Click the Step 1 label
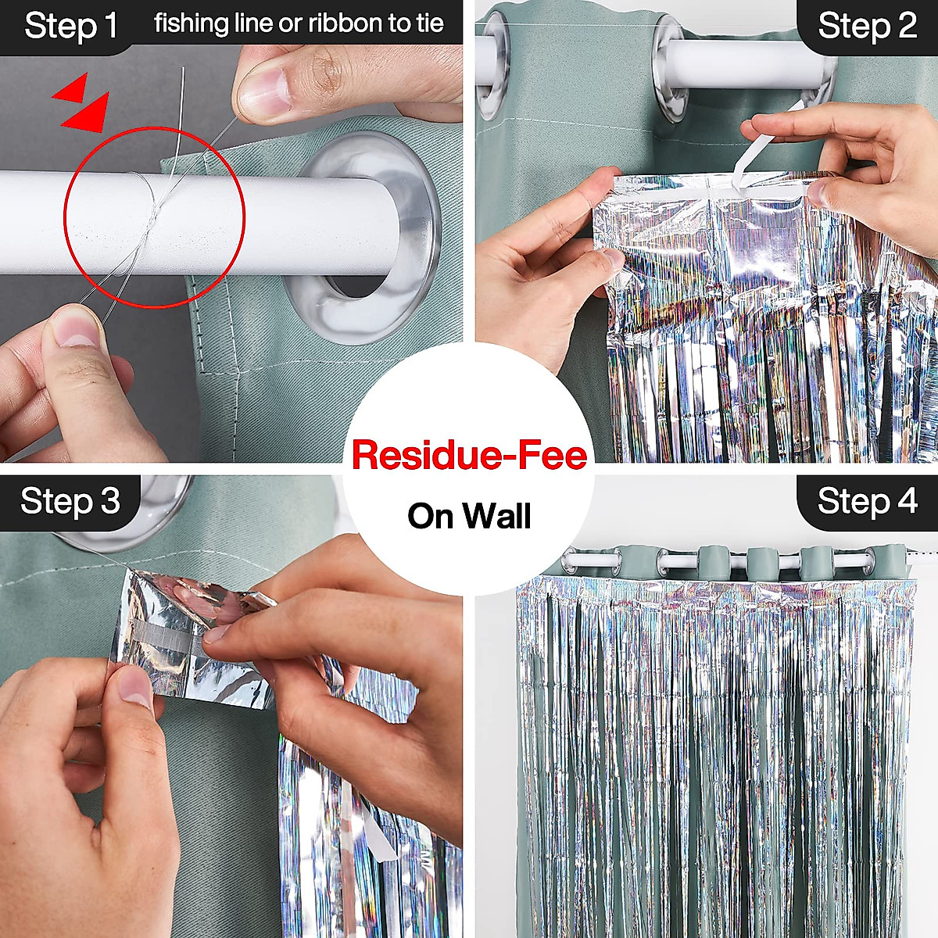pos(70,26)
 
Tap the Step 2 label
pos(867,26)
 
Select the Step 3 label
pos(70,501)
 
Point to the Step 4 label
pos(867,501)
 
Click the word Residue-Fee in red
pos(469,455)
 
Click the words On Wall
pos(469,516)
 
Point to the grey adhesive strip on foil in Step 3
pos(168,641)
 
